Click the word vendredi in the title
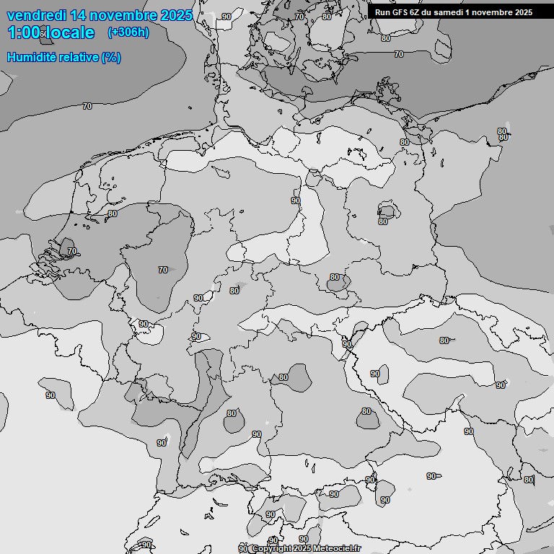(x=36, y=15)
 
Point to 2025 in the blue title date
(x=176, y=15)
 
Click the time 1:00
(x=24, y=32)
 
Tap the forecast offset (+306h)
(x=128, y=32)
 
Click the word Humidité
(x=31, y=57)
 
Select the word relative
(x=79, y=57)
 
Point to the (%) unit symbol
(x=111, y=57)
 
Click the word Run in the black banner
(x=382, y=12)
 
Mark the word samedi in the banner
(x=449, y=12)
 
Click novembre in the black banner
(x=492, y=12)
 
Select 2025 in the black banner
(x=523, y=12)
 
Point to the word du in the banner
(x=428, y=12)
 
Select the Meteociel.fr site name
(x=338, y=549)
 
